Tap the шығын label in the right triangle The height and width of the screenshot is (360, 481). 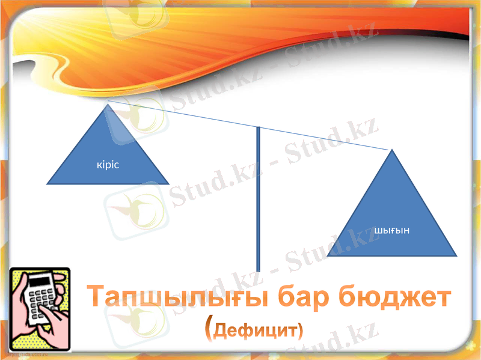pos(391,231)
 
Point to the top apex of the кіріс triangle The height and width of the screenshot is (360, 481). pos(108,105)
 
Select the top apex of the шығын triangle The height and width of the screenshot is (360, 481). pos(392,150)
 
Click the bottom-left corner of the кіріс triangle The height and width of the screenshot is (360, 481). pos(47,183)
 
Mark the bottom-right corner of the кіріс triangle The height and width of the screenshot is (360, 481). pos(169,183)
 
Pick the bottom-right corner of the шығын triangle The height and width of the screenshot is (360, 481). pos(456,257)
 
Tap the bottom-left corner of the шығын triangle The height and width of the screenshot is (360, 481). pos(328,257)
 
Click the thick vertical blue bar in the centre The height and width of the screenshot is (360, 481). pos(258,198)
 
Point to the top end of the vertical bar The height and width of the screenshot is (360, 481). pos(258,128)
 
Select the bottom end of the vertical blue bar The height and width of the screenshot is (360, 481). pos(258,270)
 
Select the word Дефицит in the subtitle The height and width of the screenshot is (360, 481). pos(259,330)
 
